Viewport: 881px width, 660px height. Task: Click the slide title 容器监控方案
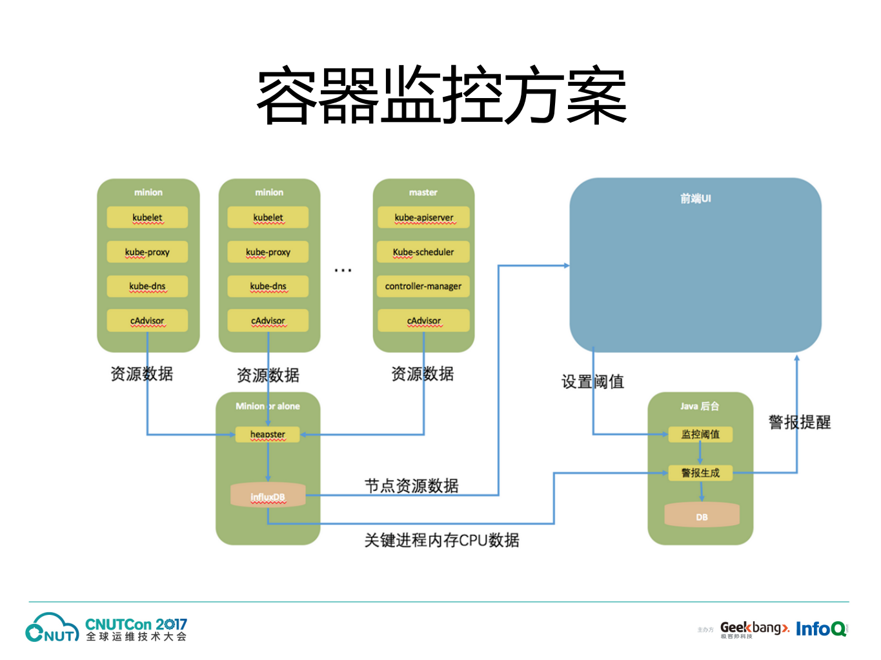click(441, 96)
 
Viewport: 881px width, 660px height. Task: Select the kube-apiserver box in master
click(423, 217)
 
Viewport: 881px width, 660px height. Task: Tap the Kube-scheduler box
click(423, 252)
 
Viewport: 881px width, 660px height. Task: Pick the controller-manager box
click(423, 286)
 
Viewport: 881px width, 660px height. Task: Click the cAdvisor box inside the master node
click(423, 321)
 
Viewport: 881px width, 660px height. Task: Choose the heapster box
click(267, 434)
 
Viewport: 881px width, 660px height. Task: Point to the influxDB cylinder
click(268, 495)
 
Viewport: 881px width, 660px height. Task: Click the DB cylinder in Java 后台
click(702, 515)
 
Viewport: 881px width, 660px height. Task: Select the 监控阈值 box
click(700, 434)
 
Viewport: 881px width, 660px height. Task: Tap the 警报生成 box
click(700, 473)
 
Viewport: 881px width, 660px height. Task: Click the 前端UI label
click(695, 199)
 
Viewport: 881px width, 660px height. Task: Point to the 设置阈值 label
click(592, 382)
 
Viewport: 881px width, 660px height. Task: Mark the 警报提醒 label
click(799, 423)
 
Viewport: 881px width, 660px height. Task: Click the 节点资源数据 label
click(411, 485)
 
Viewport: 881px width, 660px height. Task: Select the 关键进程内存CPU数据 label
click(441, 540)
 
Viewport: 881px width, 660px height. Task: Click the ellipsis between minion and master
click(343, 270)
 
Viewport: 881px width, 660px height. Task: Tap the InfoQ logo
click(821, 628)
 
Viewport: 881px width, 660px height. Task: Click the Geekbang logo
click(754, 628)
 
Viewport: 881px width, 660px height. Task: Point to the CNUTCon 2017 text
click(136, 624)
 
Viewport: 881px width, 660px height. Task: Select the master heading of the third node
click(423, 192)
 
